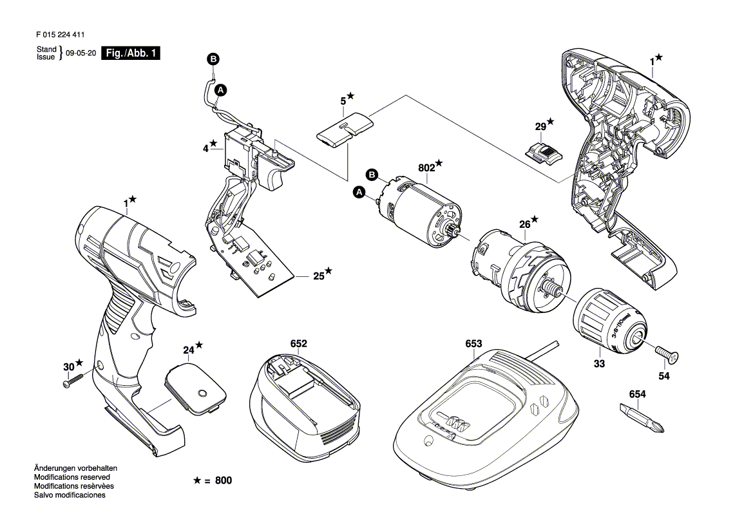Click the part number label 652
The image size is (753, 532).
point(298,345)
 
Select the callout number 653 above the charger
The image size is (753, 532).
point(473,345)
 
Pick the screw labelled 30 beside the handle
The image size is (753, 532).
point(74,381)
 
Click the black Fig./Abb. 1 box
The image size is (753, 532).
point(132,55)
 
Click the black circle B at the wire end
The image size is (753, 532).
point(213,59)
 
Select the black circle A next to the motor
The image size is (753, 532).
point(359,192)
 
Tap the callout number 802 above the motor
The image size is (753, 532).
point(426,167)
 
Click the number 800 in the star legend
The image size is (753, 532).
point(223,481)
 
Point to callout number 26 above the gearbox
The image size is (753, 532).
point(525,225)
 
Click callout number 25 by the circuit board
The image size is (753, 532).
point(318,276)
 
